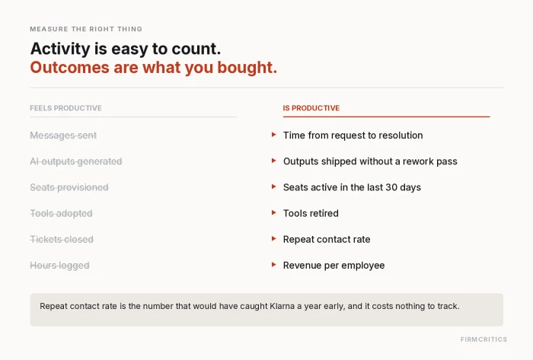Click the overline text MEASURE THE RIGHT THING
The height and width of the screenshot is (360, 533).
tap(86, 29)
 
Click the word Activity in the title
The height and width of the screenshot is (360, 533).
tap(60, 49)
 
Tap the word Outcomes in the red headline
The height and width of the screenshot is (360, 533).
tap(70, 67)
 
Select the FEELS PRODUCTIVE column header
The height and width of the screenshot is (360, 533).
tap(65, 108)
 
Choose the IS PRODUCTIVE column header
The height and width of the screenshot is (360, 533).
tap(311, 108)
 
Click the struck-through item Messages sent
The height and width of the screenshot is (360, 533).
tap(63, 135)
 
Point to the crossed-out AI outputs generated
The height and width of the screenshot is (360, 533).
tap(76, 161)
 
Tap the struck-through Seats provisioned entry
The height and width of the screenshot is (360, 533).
tap(69, 187)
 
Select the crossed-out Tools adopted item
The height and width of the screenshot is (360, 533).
tap(61, 213)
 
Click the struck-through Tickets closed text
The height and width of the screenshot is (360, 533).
tap(62, 240)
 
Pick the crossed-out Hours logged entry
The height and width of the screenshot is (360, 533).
tap(59, 266)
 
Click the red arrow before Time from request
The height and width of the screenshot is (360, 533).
tap(273, 135)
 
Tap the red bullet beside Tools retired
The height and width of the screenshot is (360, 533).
tap(273, 213)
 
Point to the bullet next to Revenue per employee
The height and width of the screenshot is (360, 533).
tap(273, 265)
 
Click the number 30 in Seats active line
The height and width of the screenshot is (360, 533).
tap(391, 187)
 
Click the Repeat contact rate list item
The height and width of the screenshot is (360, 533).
tap(327, 240)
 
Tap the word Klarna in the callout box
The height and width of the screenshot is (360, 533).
tap(282, 306)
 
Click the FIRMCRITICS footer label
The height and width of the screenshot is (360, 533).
tap(484, 339)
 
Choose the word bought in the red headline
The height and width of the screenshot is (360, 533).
tap(247, 67)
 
